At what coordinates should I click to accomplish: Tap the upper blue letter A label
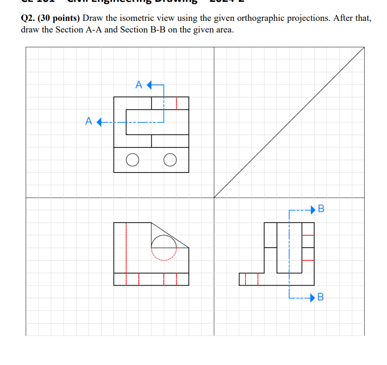point(139,85)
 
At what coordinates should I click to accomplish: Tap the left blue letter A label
point(89,122)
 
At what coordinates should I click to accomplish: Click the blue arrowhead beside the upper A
point(149,85)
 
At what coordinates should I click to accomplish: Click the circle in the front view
point(164,245)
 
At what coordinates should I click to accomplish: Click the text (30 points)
point(61,19)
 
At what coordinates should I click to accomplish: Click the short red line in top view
point(176,103)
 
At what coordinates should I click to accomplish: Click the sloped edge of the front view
point(170,235)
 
